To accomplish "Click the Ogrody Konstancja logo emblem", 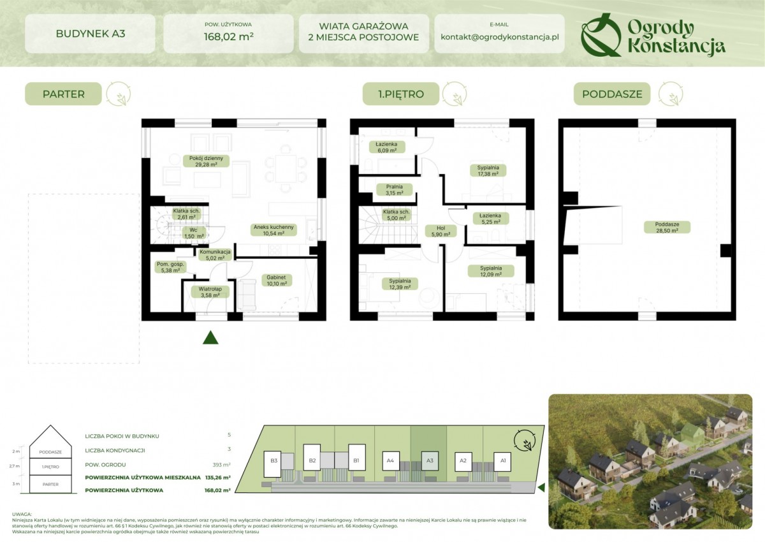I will (x=601, y=35).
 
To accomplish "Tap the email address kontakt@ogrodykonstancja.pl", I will (x=499, y=37).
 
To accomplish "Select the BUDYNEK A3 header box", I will (x=90, y=33).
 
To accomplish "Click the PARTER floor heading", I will (x=64, y=94).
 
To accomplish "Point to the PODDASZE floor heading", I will (x=611, y=94).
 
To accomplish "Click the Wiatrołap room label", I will (x=205, y=291).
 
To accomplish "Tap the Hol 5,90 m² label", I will (x=441, y=231).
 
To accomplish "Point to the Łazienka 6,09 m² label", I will (x=386, y=148).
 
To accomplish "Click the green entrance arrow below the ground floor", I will (x=210, y=338).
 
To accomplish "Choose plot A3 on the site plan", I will (x=430, y=460).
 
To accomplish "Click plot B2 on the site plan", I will (x=312, y=460).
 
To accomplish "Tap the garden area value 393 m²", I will (x=221, y=465).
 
